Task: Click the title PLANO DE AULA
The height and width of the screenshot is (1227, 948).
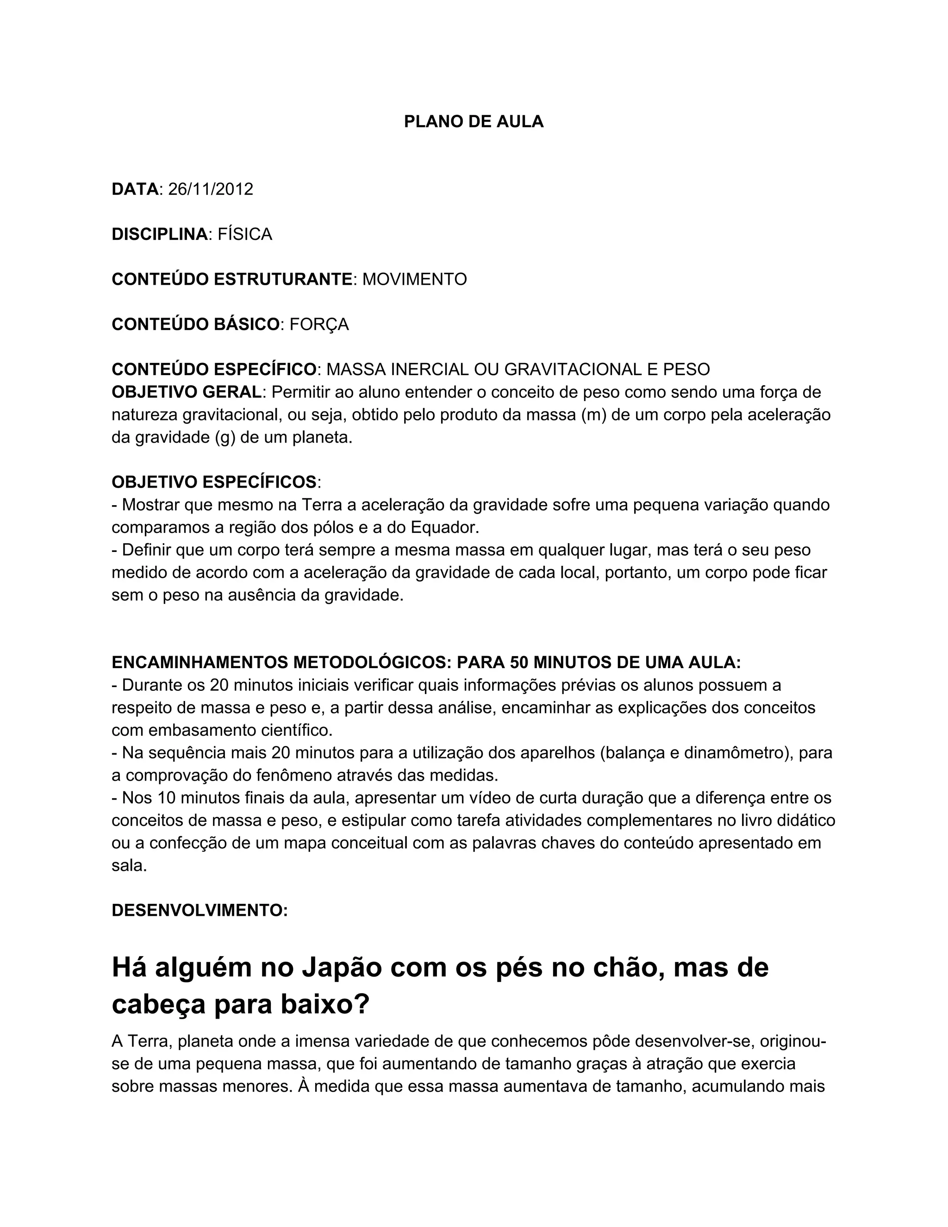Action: click(474, 122)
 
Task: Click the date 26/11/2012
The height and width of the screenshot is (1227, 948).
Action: click(211, 189)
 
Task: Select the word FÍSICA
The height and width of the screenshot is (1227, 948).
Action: click(245, 234)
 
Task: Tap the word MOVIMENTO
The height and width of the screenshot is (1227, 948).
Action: click(414, 279)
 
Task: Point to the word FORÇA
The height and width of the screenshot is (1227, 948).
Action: click(319, 325)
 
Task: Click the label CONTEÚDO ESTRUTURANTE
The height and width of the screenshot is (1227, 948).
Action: click(232, 279)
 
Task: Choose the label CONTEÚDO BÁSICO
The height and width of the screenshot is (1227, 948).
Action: click(195, 325)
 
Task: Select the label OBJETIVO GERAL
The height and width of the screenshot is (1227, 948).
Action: click(187, 392)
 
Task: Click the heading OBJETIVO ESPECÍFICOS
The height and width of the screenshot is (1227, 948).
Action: click(214, 482)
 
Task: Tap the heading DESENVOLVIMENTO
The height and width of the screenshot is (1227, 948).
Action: click(200, 911)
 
